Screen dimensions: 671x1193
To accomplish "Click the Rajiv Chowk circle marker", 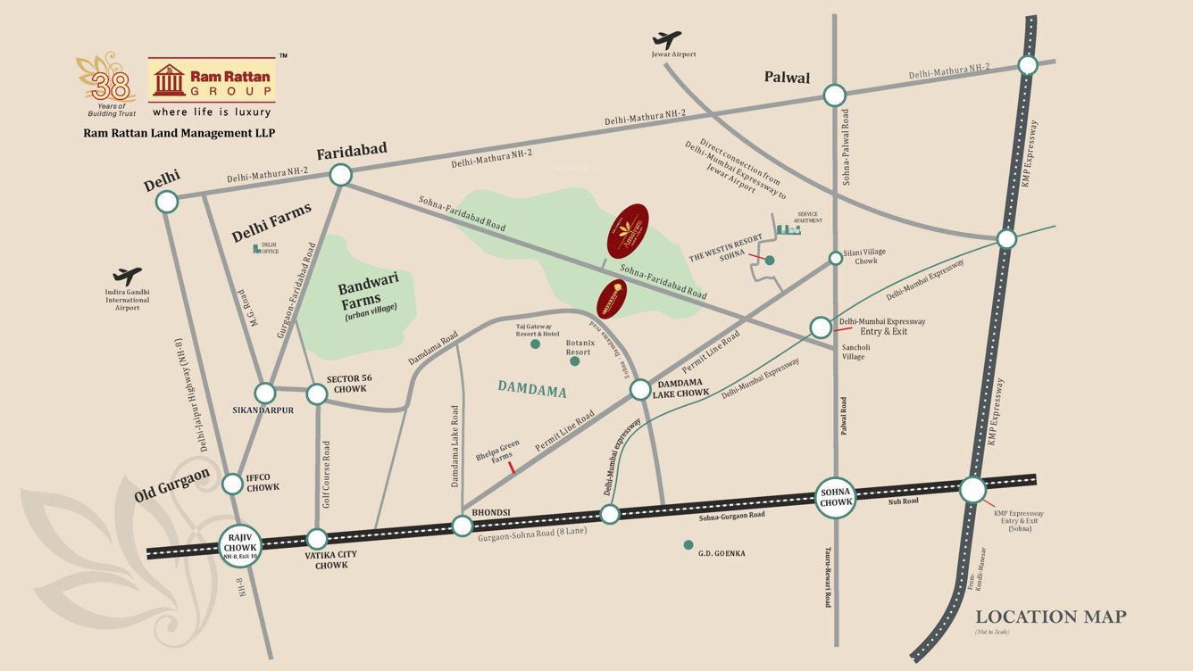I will coord(243,543).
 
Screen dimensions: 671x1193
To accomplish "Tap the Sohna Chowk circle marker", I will coord(836,497).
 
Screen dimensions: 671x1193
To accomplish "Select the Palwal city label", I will coord(787,78).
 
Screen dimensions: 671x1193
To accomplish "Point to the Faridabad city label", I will coord(352,150).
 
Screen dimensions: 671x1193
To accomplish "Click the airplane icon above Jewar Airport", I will coord(666,40).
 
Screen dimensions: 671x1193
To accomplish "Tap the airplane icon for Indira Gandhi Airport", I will coord(128,277).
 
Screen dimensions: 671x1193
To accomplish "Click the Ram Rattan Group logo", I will coord(212,81).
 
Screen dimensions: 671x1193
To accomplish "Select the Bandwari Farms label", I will coord(369,295).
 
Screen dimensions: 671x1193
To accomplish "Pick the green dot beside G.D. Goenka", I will coord(688,544).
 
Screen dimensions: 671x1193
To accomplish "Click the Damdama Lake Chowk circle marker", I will coord(641,390).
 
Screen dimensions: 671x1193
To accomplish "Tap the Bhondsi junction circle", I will coord(462,526).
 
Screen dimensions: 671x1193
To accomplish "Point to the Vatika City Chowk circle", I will coord(317,538).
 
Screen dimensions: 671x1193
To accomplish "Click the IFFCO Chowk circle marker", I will coord(232,484).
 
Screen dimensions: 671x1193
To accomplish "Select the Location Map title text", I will coord(1050,617).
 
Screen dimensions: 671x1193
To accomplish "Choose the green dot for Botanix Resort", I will coord(574,361).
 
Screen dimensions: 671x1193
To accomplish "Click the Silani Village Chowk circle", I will coord(836,258).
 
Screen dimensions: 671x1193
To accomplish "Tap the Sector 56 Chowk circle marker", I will coord(317,393).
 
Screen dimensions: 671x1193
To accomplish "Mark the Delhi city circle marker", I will coord(167,202).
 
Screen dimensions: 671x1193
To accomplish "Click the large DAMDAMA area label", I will coord(533,387).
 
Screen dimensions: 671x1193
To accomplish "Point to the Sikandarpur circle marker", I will coord(265,393).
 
